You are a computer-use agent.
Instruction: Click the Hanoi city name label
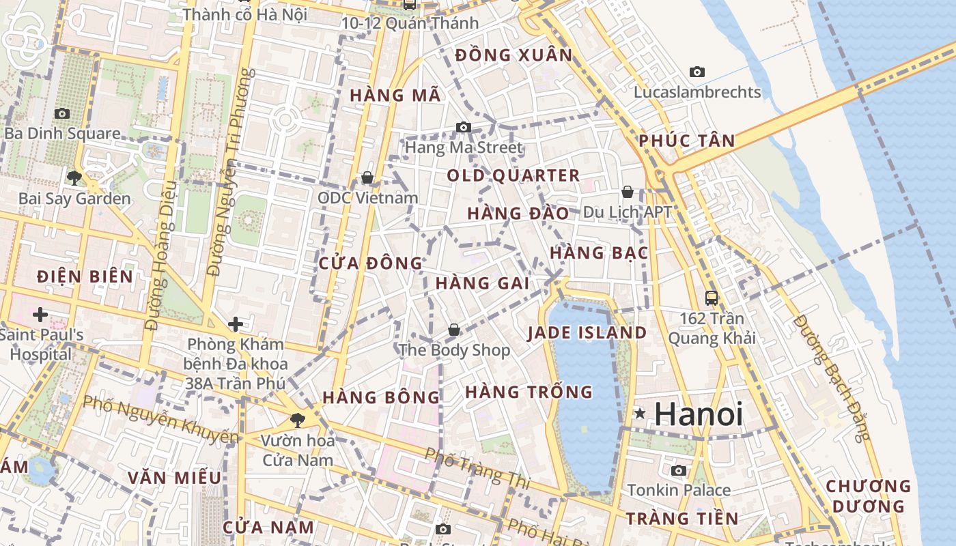tap(699, 414)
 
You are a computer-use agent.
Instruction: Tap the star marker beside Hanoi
tap(640, 413)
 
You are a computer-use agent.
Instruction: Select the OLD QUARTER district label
tap(514, 175)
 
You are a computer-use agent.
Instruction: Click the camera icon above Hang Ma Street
tap(464, 127)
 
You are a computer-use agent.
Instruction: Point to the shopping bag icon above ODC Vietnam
tap(367, 177)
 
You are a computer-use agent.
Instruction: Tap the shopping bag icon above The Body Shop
tap(453, 330)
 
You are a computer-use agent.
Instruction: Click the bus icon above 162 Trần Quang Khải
tap(712, 298)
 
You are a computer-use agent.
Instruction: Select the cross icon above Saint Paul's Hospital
tap(40, 315)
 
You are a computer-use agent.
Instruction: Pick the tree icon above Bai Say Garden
tap(74, 179)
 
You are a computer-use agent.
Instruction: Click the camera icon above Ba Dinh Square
tap(62, 113)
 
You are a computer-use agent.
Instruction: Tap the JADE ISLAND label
tap(587, 333)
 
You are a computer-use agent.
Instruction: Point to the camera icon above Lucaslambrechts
tap(697, 72)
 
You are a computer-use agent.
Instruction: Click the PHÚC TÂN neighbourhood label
tap(687, 141)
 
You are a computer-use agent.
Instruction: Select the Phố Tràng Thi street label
tap(477, 467)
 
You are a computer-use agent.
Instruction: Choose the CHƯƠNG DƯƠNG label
tap(868, 496)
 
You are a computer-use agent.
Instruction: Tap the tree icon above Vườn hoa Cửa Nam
tap(297, 420)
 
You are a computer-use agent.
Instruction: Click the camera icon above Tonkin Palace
tap(679, 470)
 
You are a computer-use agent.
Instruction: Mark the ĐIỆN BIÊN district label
tap(85, 276)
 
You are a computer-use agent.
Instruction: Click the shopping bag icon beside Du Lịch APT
tap(628, 192)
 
